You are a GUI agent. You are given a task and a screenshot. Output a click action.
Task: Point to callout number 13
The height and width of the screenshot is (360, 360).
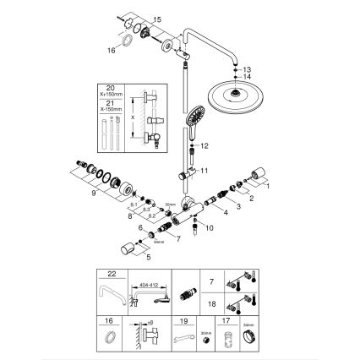pyautogui.click(x=248, y=67)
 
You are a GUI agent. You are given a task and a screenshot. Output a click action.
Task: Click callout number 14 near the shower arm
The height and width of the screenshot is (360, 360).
pyautogui.click(x=248, y=76)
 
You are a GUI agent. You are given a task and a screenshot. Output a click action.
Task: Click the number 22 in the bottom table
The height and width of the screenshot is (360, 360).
pyautogui.click(x=113, y=274)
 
